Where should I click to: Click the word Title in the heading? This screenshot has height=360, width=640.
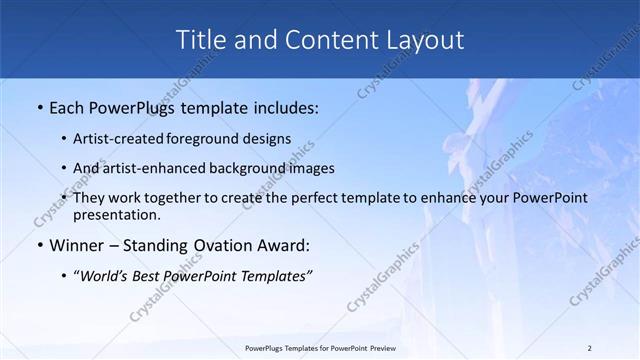(x=200, y=40)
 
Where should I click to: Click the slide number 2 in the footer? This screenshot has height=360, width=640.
(x=590, y=347)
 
